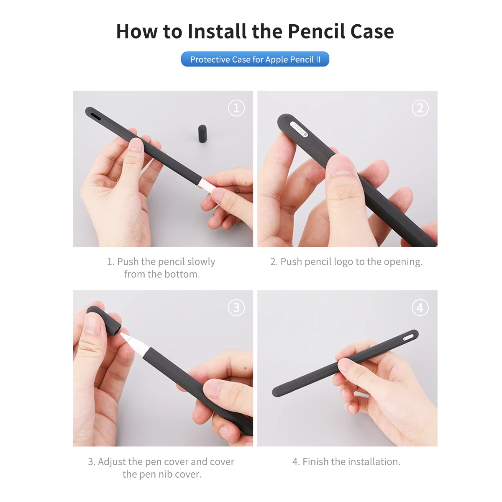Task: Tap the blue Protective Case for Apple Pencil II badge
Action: pyautogui.click(x=255, y=59)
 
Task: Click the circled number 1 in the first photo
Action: pyautogui.click(x=236, y=108)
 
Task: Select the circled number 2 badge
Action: pyautogui.click(x=420, y=108)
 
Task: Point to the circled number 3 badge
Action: pyautogui.click(x=236, y=307)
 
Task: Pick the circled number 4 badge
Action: pyautogui.click(x=420, y=307)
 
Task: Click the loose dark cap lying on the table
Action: pyautogui.click(x=202, y=133)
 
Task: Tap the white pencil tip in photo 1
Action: pyautogui.click(x=206, y=185)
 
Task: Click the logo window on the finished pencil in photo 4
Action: pyautogui.click(x=408, y=337)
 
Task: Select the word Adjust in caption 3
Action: pyautogui.click(x=112, y=461)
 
